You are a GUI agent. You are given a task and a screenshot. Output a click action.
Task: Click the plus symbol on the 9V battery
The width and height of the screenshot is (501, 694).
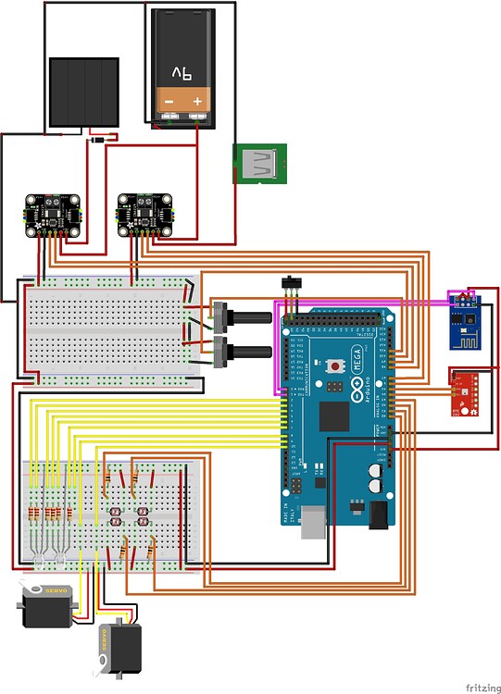click(x=197, y=99)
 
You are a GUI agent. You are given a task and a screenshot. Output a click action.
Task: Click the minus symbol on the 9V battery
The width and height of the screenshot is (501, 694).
click(x=169, y=99)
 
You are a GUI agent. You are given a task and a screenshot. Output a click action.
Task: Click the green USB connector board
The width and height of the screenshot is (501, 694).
click(x=260, y=165)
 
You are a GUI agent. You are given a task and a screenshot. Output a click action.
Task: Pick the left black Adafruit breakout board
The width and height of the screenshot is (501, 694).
click(x=51, y=214)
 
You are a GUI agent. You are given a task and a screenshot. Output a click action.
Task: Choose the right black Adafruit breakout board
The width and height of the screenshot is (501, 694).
click(x=144, y=214)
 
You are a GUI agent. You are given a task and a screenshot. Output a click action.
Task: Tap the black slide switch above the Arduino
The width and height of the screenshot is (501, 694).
click(x=292, y=281)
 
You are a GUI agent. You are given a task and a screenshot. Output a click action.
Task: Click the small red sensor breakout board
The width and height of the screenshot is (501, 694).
click(x=464, y=392)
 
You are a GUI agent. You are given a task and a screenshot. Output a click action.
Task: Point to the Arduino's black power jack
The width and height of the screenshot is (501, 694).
click(x=381, y=514)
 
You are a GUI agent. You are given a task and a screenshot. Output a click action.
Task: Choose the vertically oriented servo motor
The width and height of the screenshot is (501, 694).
click(x=120, y=647)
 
